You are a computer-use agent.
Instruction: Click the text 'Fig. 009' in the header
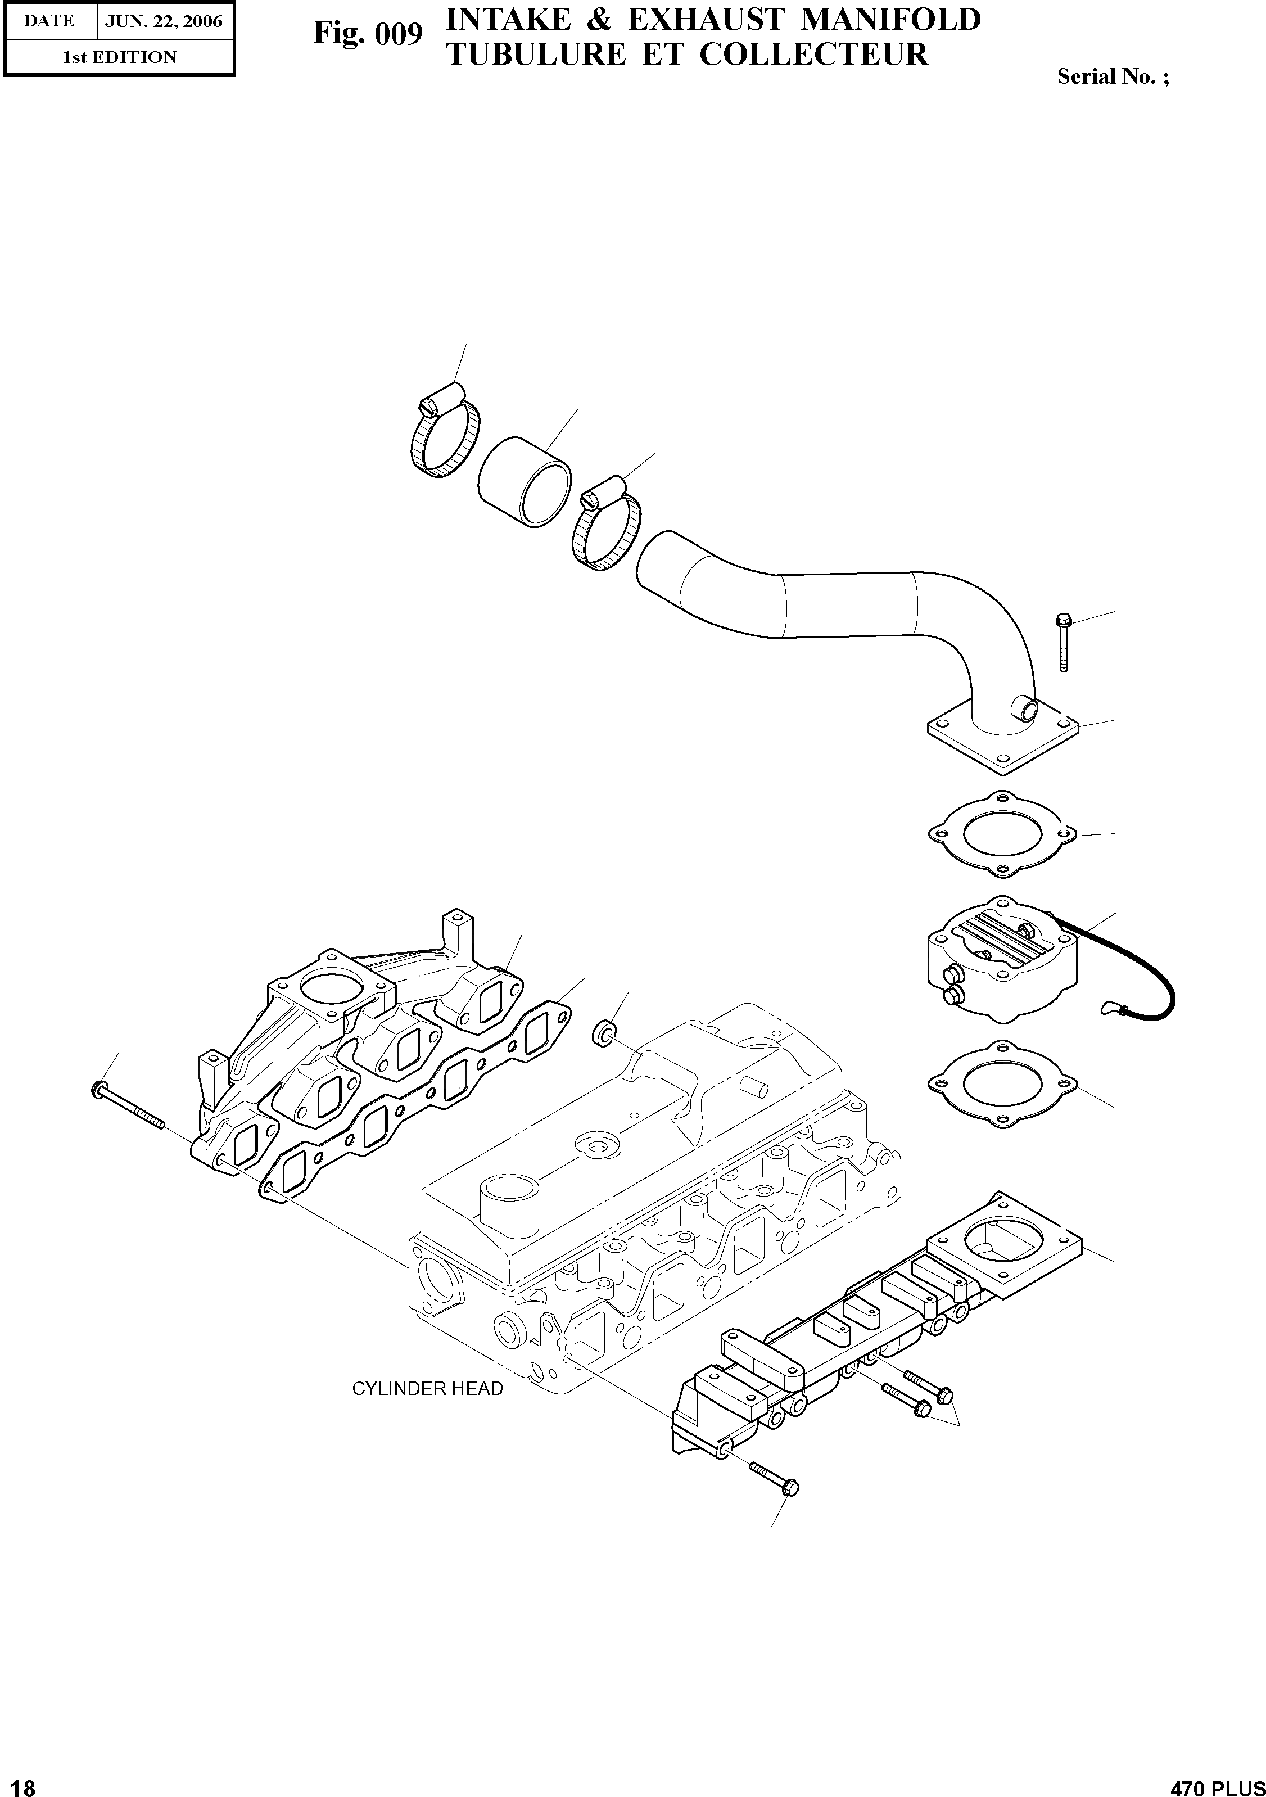(x=368, y=34)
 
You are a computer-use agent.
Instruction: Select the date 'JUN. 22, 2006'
(x=164, y=21)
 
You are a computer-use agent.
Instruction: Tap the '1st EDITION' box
(x=119, y=57)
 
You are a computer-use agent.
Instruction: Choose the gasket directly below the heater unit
(x=1002, y=1084)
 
